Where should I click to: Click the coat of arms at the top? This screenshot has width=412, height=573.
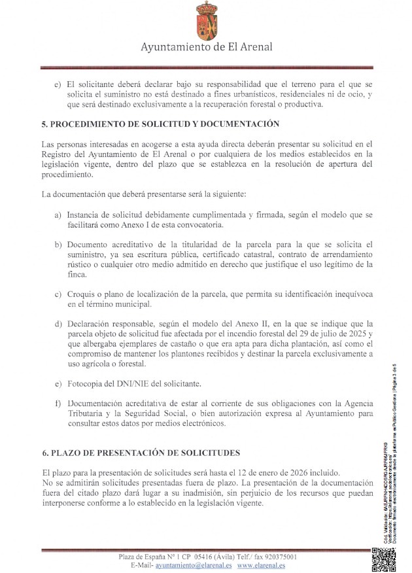[x=207, y=20]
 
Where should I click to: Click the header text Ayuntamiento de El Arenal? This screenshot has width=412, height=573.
[x=207, y=47]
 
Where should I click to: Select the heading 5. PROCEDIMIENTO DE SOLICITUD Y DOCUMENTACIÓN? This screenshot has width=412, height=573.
[x=160, y=124]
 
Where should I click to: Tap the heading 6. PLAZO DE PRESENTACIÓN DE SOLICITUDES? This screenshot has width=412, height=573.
[x=141, y=453]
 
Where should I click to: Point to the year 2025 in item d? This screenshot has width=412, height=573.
[x=360, y=334]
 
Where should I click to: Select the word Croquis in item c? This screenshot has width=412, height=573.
[x=81, y=294]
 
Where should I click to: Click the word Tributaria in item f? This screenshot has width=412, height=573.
[x=88, y=413]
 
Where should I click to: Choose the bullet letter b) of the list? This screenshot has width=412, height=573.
[x=59, y=245]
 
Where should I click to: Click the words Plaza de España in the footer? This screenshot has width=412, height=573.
[x=141, y=557]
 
